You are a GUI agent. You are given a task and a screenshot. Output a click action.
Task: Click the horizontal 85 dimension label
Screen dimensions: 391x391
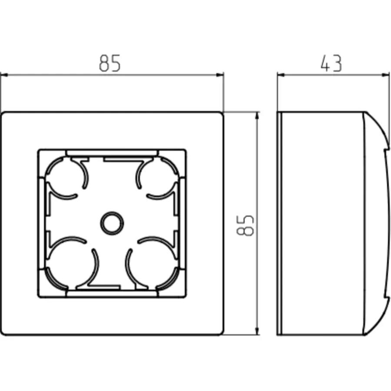(x=110, y=63)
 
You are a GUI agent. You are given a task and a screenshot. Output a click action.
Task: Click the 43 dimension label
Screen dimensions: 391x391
(x=331, y=63)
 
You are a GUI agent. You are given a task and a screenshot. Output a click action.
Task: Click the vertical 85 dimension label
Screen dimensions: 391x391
(x=245, y=225)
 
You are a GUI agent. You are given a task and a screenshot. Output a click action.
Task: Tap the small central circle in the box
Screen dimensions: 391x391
(x=112, y=223)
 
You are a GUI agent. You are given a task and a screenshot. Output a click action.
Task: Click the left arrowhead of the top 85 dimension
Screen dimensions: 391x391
(x=4, y=75)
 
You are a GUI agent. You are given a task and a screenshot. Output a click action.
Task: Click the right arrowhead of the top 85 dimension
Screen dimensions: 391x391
(x=220, y=75)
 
